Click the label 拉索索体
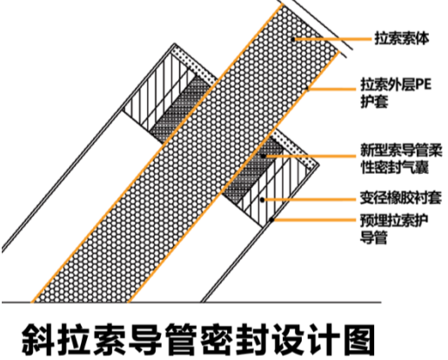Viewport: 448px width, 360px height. pyautogui.click(x=402, y=38)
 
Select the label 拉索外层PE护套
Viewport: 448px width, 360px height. pyautogui.click(x=396, y=93)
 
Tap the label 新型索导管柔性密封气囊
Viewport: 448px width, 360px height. pyautogui.click(x=401, y=158)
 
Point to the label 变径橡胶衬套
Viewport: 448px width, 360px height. pyautogui.click(x=401, y=198)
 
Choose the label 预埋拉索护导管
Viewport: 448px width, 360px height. pyautogui.click(x=394, y=229)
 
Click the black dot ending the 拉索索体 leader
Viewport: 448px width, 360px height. pyautogui.click(x=293, y=39)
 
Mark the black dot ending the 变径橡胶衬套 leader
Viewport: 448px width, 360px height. pyautogui.click(x=262, y=200)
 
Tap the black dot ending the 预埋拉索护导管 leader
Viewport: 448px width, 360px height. pyautogui.click(x=271, y=220)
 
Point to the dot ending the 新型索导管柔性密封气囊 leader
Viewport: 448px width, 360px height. pyautogui.click(x=263, y=156)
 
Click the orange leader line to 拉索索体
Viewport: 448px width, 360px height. pyautogui.click(x=332, y=39)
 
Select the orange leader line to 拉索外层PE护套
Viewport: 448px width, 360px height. pyautogui.click(x=331, y=89)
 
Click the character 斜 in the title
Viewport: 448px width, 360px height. pyautogui.click(x=38, y=339)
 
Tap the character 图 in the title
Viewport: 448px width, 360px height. pyautogui.click(x=358, y=339)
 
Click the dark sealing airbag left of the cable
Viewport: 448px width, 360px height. pyautogui.click(x=180, y=110)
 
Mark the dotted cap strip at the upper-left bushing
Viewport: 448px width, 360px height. pyautogui.click(x=193, y=65)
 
